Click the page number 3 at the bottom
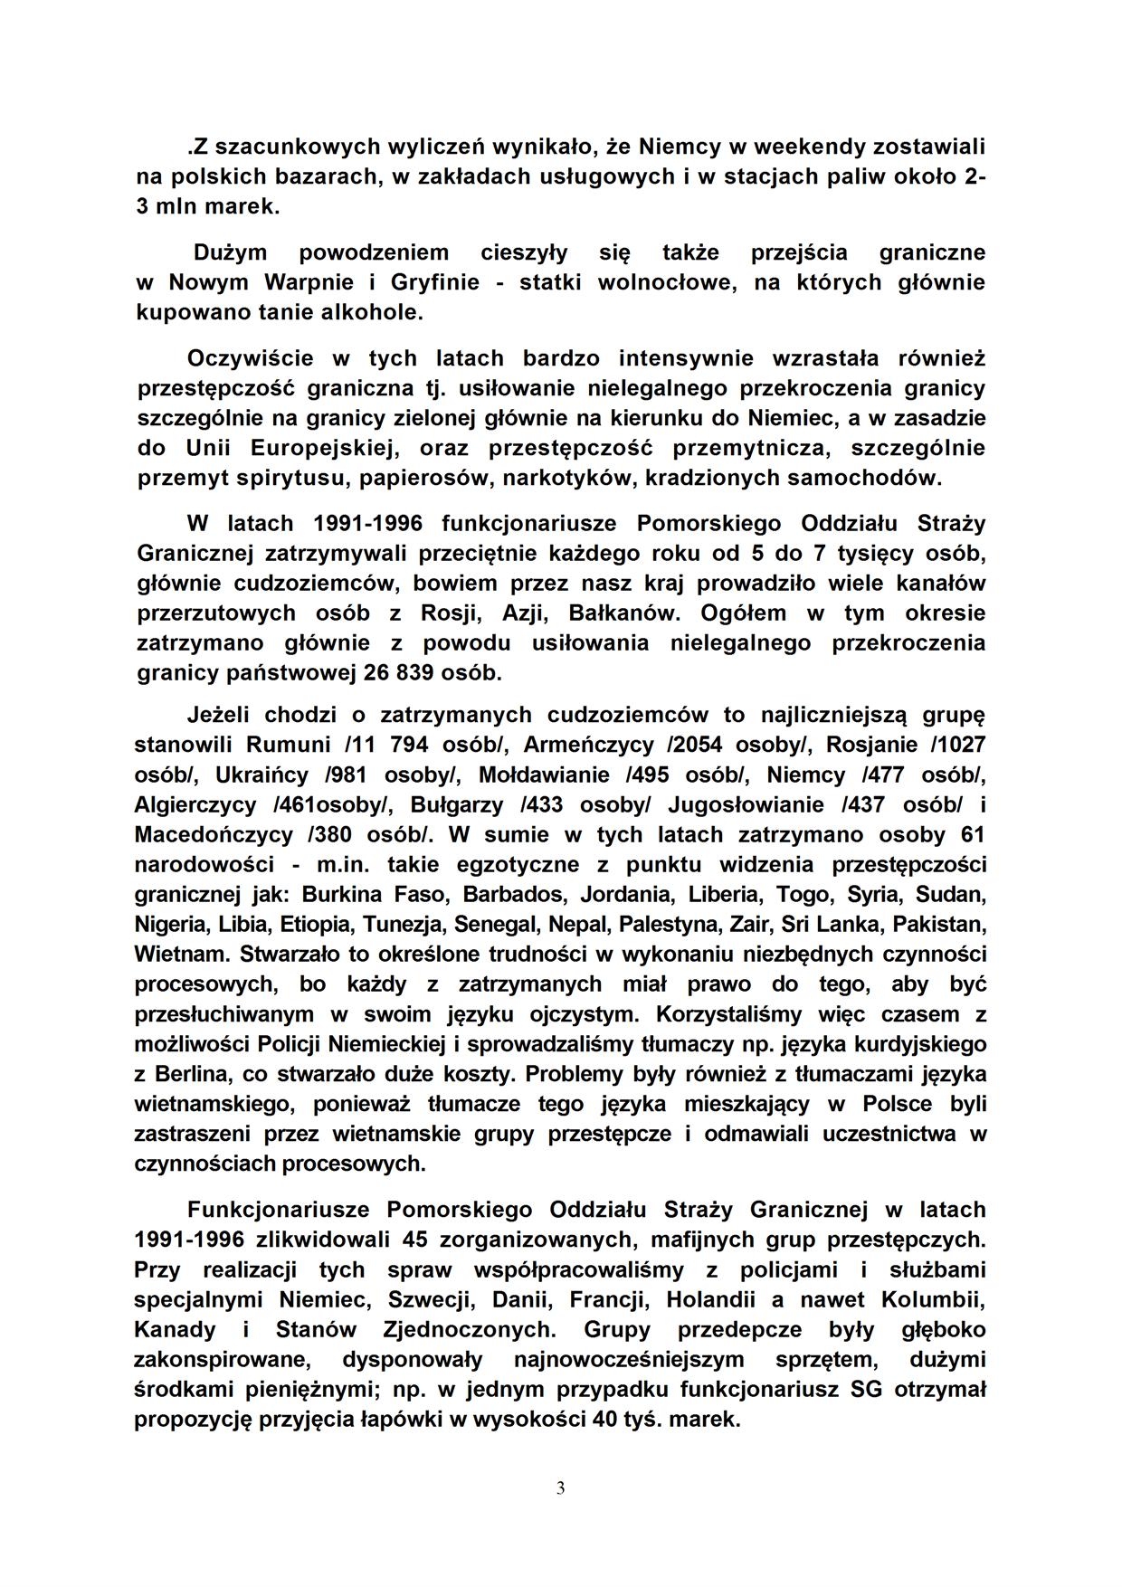(x=560, y=1488)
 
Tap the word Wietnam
(x=179, y=955)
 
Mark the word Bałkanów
(x=623, y=613)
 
